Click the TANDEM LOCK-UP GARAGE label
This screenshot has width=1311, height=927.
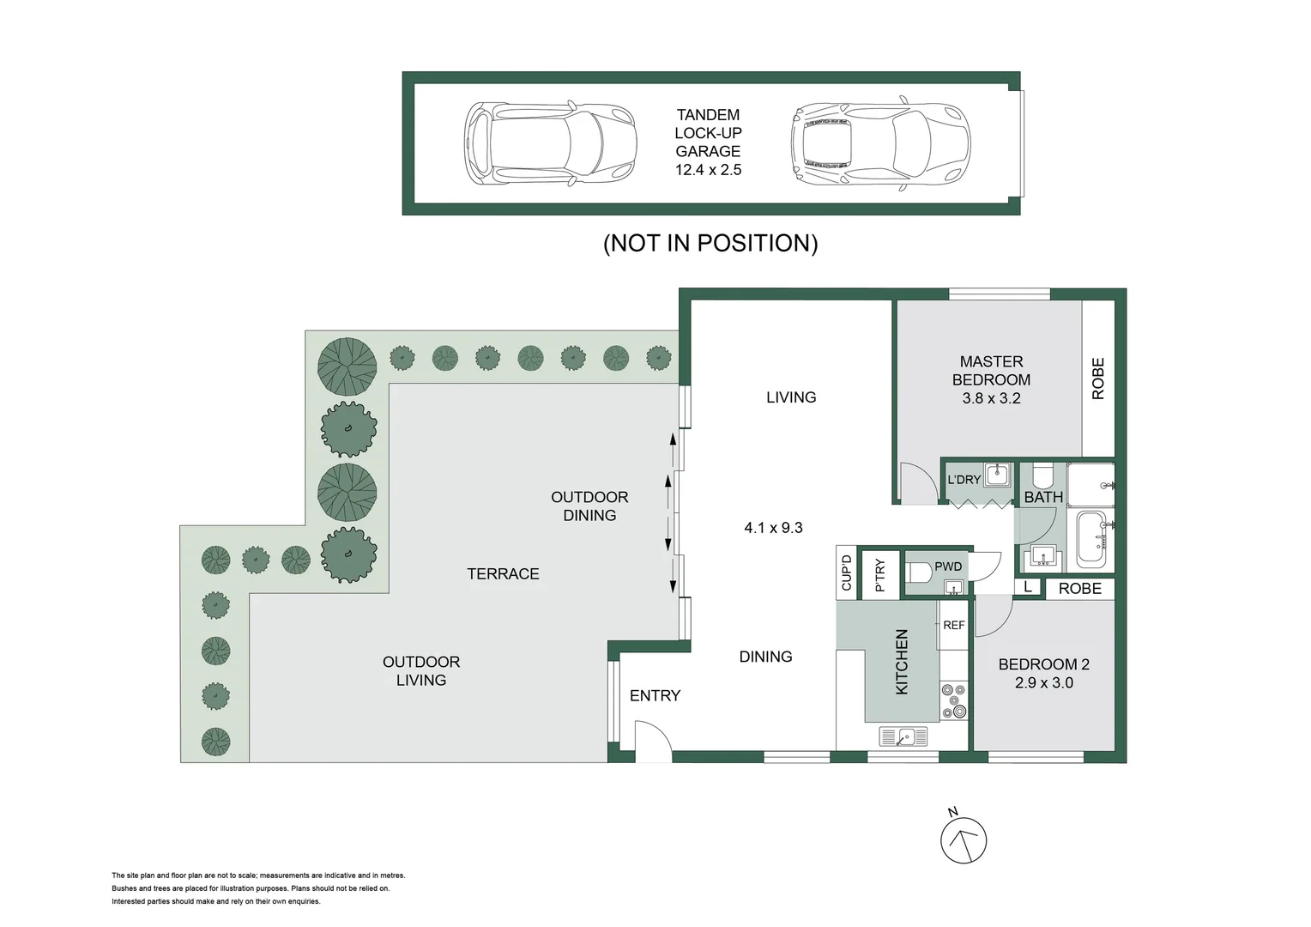click(x=708, y=142)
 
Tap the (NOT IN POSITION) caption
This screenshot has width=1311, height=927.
click(x=710, y=243)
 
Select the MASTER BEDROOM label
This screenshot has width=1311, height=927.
click(x=991, y=379)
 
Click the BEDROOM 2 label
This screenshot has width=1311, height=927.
click(x=1043, y=673)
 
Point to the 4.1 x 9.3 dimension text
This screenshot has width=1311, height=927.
click(x=773, y=528)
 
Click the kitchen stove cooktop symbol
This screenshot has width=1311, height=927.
click(x=953, y=700)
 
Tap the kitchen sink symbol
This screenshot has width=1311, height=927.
click(x=903, y=736)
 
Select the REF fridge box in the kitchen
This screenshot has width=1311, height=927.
click(x=953, y=626)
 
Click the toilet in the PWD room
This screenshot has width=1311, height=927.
click(x=920, y=572)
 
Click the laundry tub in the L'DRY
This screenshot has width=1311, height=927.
click(x=997, y=474)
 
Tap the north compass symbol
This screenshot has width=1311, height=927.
click(x=964, y=839)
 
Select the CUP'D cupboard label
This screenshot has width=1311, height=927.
click(x=847, y=573)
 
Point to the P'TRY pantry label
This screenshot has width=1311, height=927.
click(x=879, y=574)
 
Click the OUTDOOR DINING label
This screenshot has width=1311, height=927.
click(x=589, y=506)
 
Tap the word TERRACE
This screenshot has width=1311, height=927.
click(x=503, y=573)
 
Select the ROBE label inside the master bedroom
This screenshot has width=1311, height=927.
click(x=1098, y=379)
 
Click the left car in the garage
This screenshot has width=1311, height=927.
click(x=550, y=142)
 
